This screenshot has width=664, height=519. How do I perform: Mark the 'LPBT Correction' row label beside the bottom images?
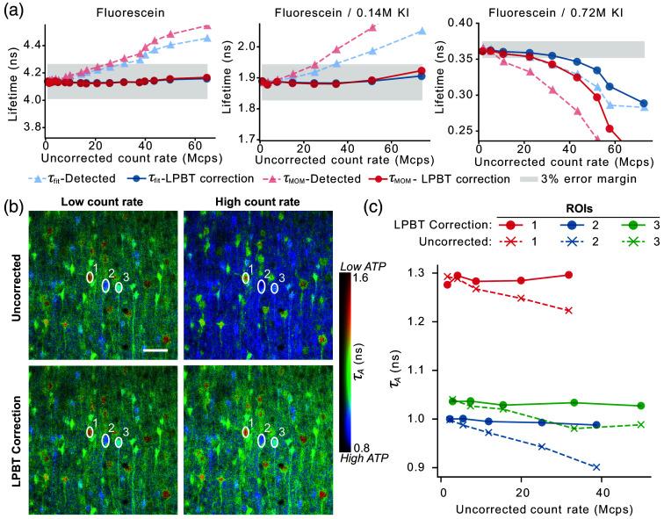click(x=11, y=436)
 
